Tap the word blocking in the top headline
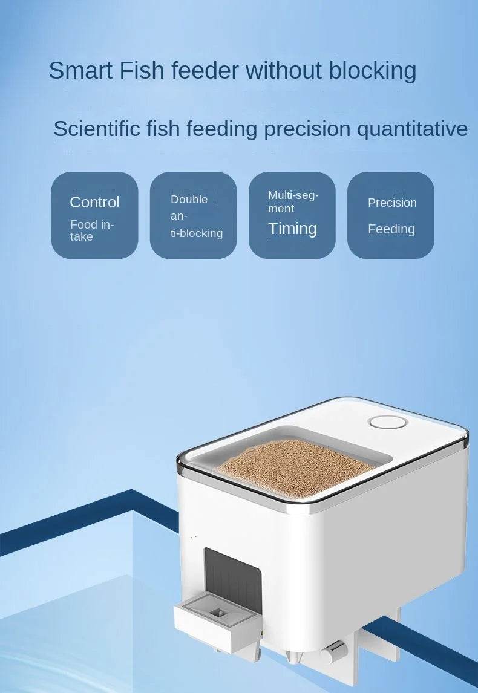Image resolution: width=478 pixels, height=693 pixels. point(373,71)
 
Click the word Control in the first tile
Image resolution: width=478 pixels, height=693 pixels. point(94,202)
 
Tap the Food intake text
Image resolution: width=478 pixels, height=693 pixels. point(91,230)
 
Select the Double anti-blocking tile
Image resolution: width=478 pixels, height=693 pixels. point(194,215)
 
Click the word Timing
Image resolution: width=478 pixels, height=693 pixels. point(292,229)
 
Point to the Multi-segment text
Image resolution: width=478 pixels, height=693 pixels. point(293,201)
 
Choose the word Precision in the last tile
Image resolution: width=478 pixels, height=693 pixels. point(392,203)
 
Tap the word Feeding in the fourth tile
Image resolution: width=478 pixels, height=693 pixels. point(391,229)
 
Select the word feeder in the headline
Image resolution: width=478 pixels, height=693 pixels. point(205,71)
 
